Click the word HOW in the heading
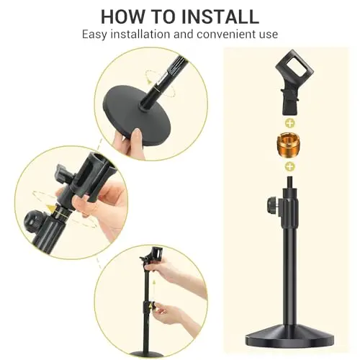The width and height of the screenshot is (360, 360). pyautogui.click(x=122, y=17)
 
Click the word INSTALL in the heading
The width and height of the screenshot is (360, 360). pyautogui.click(x=220, y=17)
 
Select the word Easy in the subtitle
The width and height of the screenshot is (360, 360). pyautogui.click(x=94, y=35)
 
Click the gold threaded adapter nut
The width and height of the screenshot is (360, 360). pyautogui.click(x=289, y=145)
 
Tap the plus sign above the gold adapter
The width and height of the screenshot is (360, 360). pyautogui.click(x=290, y=124)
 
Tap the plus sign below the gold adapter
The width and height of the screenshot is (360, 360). pyautogui.click(x=290, y=166)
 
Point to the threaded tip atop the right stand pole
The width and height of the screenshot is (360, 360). pyautogui.click(x=290, y=182)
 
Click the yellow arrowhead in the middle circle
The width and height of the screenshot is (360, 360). pyautogui.click(x=51, y=208)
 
